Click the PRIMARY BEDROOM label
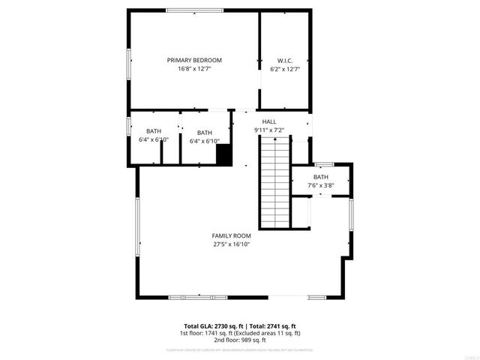coord(194,60)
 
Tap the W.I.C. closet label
coord(284,60)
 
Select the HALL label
coord(268,121)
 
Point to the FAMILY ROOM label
coord(231,235)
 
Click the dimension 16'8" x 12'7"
coord(194,69)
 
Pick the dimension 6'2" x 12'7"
coord(284,69)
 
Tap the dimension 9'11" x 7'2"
coord(268,130)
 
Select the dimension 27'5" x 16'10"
coord(231,244)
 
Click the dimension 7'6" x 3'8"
coord(320,185)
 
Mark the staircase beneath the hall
coord(274,184)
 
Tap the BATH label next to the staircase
coord(320,177)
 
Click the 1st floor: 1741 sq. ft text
coord(206,333)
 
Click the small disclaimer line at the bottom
coord(240,349)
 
